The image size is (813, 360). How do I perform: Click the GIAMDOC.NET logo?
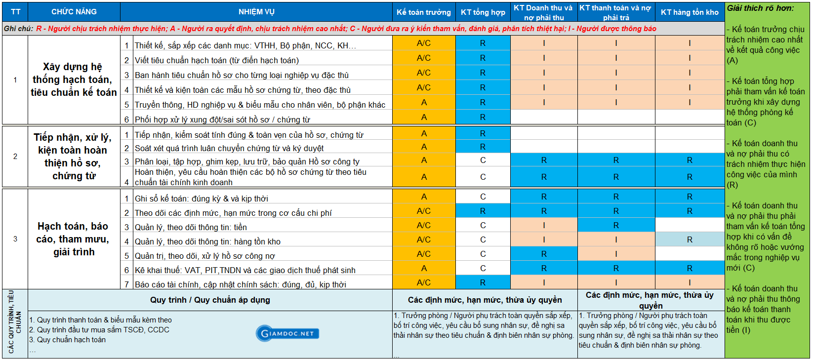click(x=287, y=333)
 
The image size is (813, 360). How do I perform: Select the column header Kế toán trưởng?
click(x=424, y=12)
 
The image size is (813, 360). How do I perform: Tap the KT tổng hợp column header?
click(x=483, y=12)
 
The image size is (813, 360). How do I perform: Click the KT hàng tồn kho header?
click(x=690, y=12)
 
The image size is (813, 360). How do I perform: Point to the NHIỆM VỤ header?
click(x=256, y=12)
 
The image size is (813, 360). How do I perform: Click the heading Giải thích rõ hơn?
click(x=760, y=8)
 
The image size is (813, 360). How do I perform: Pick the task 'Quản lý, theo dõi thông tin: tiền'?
click(x=191, y=227)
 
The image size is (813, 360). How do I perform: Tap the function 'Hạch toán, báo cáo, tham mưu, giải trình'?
click(x=74, y=239)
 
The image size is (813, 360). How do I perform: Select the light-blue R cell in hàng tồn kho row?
click(x=690, y=240)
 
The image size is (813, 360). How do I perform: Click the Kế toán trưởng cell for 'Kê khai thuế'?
click(x=424, y=268)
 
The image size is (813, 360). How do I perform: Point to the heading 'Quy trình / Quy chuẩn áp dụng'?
click(x=210, y=300)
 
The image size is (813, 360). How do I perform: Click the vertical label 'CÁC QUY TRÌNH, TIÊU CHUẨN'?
click(x=14, y=321)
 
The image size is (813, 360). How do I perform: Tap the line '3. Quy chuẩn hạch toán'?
click(x=68, y=340)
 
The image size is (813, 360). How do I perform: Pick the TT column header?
click(x=15, y=12)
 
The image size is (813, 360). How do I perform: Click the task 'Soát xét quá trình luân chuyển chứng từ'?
click(x=229, y=148)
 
